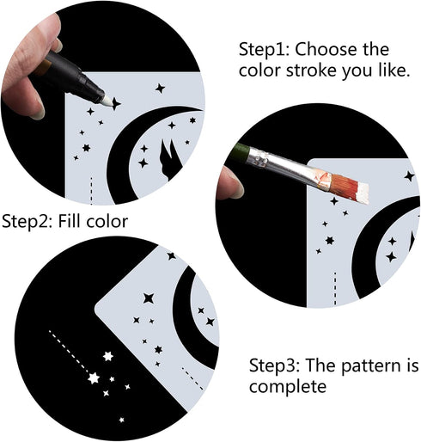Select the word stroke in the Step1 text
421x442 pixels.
coord(311,71)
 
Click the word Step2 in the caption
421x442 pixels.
coord(27,222)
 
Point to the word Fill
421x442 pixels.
coord(70,221)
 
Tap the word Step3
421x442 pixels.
coord(274,365)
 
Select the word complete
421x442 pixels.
coord(288,386)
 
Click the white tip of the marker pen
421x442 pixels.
coord(107,101)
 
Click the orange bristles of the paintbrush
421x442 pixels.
coord(350,187)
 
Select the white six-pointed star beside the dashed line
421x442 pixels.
coord(107,356)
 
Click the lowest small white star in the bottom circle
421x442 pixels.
coord(122,420)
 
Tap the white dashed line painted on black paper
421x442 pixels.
coord(68,351)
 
